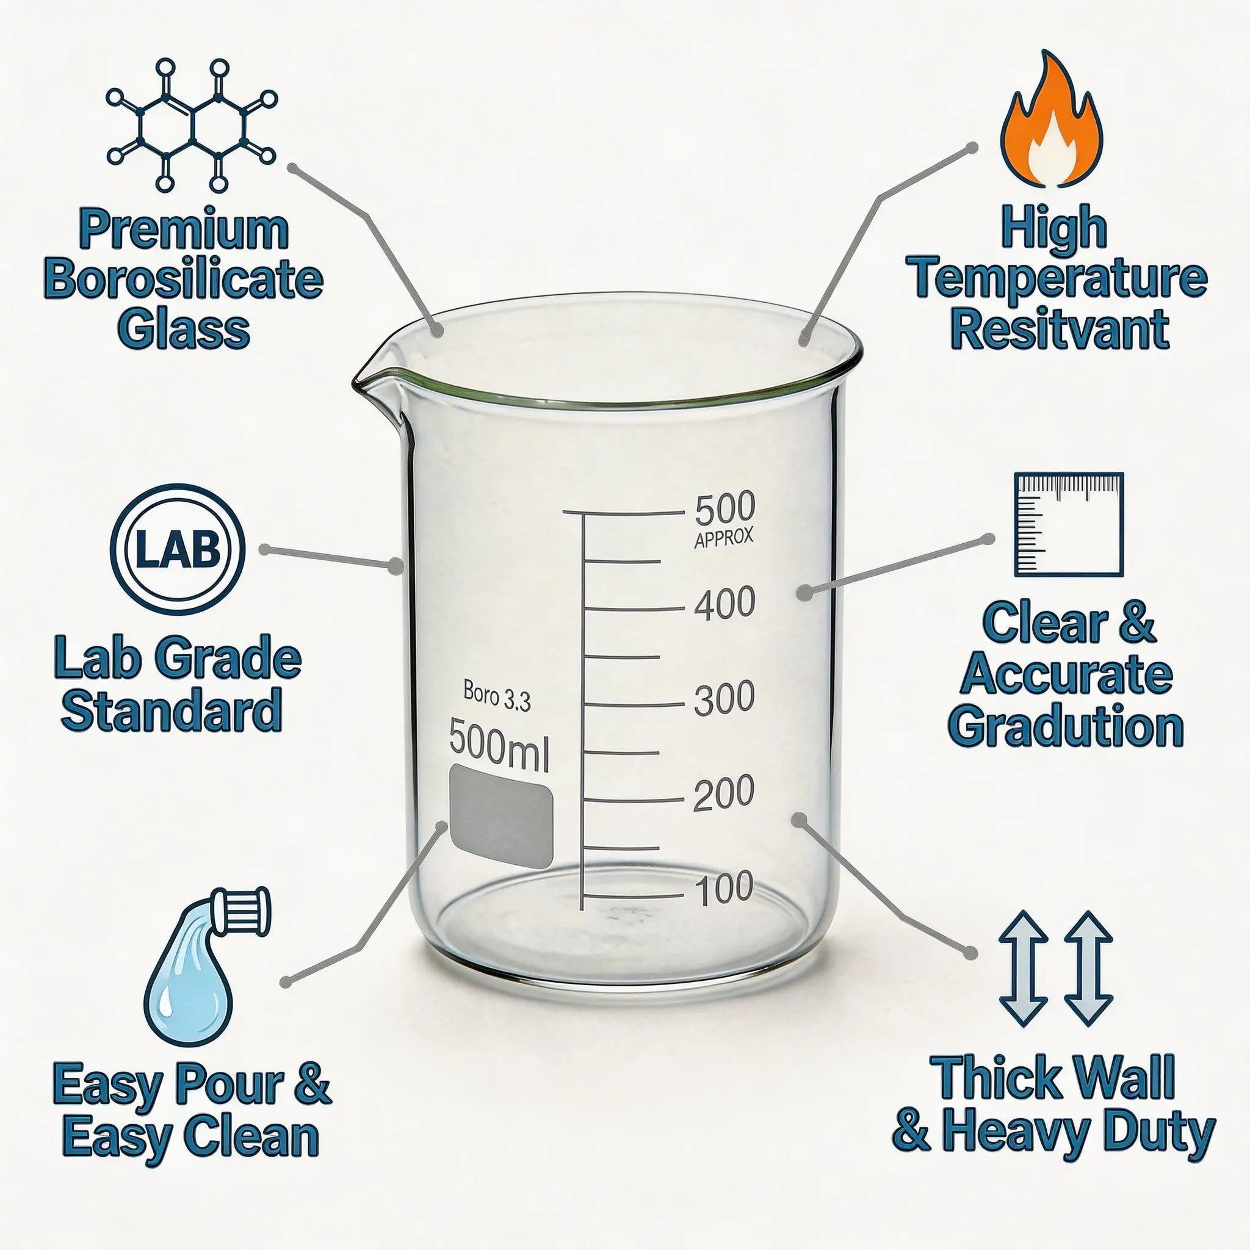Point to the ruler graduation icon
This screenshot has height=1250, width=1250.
1068,524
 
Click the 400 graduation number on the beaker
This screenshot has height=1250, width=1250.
724,603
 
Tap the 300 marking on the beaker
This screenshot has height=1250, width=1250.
724,698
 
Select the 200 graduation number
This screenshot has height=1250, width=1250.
723,793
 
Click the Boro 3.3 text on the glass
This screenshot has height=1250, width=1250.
497,697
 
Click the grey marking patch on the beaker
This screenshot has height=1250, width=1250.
502,816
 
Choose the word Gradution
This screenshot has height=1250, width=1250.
1066,726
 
